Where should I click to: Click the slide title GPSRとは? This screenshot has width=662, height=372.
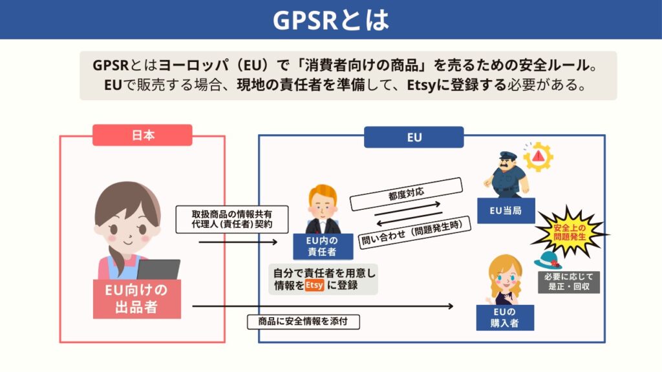click(x=330, y=20)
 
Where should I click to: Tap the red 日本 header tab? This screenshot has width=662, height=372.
click(x=142, y=135)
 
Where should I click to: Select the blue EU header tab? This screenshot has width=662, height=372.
click(x=414, y=137)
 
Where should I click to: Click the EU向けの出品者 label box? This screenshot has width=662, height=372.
click(x=136, y=298)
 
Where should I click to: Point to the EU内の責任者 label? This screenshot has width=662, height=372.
click(x=322, y=246)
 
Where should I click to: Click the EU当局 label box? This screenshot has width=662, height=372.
click(x=506, y=211)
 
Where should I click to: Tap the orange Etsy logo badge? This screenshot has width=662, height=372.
click(x=314, y=285)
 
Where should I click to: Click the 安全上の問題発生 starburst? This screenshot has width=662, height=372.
click(x=570, y=232)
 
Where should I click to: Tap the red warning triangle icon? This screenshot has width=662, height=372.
click(x=538, y=156)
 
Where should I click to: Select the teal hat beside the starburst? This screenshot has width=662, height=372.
click(x=547, y=260)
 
